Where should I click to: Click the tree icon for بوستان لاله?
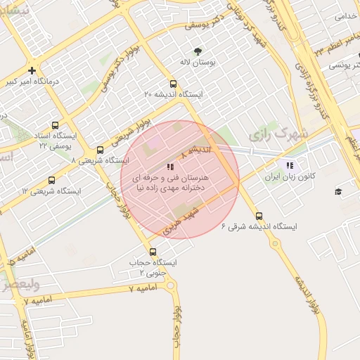click(198, 51)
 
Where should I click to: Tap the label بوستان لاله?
click(197, 63)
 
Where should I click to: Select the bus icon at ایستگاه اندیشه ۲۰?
click(174, 84)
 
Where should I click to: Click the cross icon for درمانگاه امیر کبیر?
click(32, 70)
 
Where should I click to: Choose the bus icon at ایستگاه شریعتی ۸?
click(100, 150)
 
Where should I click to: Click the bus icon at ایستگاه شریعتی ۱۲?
click(51, 180)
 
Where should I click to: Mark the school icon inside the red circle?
click(169, 167)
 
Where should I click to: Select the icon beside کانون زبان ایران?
click(289, 166)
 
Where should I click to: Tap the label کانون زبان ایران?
click(288, 178)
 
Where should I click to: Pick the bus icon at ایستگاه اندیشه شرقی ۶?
click(259, 216)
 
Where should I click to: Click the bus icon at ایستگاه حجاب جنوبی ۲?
click(153, 252)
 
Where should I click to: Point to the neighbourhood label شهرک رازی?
click(278, 132)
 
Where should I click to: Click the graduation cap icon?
click(338, 192)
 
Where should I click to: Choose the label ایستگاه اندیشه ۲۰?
click(173, 94)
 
